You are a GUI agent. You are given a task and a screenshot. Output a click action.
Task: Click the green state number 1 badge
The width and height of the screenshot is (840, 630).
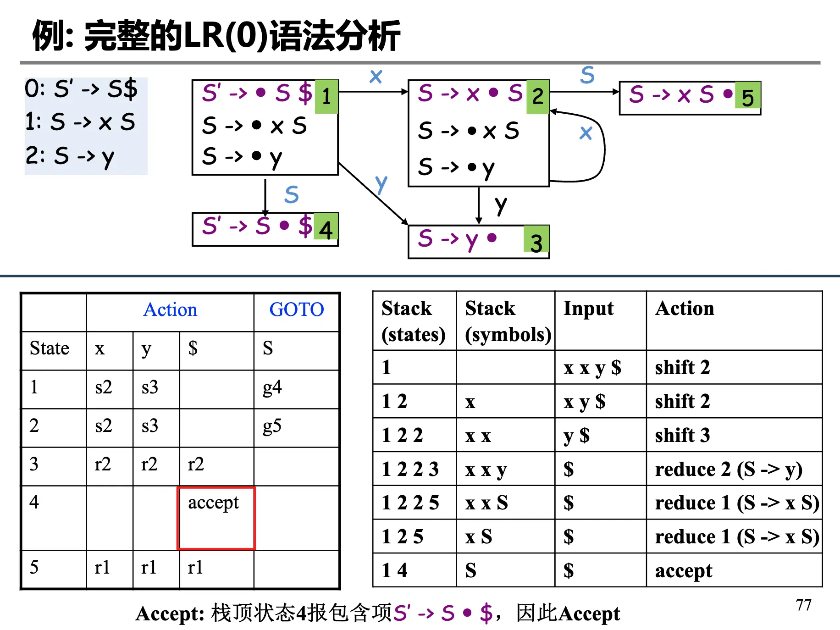click(326, 97)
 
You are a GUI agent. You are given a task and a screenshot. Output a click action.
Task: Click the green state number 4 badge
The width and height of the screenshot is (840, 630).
click(326, 227)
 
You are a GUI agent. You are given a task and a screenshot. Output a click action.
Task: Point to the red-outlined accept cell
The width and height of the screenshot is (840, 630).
click(216, 517)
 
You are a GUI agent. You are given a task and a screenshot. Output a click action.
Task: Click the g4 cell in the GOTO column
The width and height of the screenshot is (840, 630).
click(272, 388)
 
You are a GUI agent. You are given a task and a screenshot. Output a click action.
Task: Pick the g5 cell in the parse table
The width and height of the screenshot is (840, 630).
click(272, 426)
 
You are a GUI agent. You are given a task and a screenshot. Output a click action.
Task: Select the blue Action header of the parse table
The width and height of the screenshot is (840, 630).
click(170, 310)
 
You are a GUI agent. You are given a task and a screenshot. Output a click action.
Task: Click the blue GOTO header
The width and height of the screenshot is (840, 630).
click(296, 310)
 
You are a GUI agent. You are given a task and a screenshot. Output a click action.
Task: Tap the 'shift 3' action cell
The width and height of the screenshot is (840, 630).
click(682, 435)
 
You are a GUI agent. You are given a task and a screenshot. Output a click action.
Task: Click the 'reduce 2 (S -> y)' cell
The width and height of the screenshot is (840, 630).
click(728, 469)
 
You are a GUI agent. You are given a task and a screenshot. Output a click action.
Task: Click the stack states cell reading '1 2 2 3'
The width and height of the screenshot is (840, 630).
click(410, 469)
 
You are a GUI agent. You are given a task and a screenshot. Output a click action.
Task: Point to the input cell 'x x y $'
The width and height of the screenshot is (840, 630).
click(592, 368)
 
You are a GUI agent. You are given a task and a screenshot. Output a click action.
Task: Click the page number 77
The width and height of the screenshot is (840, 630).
click(803, 605)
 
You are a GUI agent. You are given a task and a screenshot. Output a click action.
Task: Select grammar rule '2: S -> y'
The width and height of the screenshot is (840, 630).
click(70, 157)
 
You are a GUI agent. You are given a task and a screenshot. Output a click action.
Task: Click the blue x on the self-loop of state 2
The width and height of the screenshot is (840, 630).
click(586, 133)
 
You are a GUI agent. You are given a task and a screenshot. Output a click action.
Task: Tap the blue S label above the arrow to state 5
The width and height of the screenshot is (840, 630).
click(587, 75)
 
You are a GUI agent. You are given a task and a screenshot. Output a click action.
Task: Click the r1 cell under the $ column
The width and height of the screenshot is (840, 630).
click(196, 568)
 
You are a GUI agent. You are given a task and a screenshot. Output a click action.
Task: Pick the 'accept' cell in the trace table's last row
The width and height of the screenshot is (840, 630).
click(684, 571)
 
